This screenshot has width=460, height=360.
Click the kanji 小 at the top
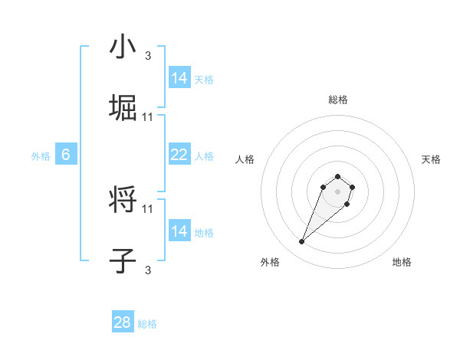(123, 47)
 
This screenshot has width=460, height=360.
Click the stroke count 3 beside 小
(148, 56)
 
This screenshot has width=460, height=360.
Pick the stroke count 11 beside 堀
(148, 117)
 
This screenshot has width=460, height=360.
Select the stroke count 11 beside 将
(148, 208)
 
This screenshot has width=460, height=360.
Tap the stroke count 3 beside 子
(148, 270)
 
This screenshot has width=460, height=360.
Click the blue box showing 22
(179, 155)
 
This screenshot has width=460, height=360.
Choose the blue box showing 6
(66, 155)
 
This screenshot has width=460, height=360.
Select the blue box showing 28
(123, 322)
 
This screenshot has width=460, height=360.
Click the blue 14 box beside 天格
(179, 78)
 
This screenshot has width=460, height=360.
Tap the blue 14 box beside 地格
(179, 231)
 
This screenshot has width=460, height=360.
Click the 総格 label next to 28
(147, 324)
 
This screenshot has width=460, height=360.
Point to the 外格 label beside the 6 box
(41, 156)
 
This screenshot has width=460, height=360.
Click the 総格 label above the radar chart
(338, 100)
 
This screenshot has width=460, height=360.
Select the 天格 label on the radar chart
(431, 159)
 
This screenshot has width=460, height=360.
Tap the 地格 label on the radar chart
(402, 262)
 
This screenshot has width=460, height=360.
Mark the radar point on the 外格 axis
(302, 242)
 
